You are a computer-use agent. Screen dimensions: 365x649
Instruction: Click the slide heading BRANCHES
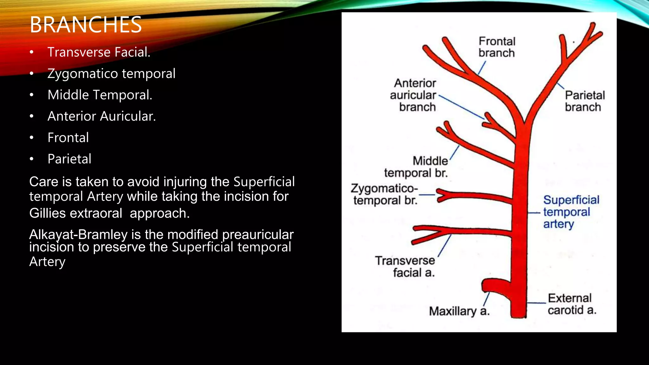[x=86, y=25]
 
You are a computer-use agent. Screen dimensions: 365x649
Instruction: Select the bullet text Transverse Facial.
[x=99, y=52]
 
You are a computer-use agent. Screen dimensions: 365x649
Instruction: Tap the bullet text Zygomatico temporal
[x=111, y=74]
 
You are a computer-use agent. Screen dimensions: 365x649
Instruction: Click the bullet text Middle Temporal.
[x=100, y=95]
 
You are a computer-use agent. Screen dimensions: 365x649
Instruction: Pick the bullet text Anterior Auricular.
[x=101, y=116]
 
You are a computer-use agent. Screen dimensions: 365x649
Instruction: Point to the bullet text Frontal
[x=68, y=138]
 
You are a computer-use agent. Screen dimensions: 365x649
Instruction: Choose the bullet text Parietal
[x=69, y=159]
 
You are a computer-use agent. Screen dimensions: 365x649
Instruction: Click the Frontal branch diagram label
[x=497, y=47]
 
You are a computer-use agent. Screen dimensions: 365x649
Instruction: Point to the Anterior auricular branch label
[x=414, y=95]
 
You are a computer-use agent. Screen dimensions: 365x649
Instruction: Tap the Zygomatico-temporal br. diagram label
[x=385, y=194]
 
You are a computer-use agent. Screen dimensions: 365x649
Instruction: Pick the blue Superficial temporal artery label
[x=570, y=212]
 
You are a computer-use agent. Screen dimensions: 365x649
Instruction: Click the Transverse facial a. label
[x=405, y=266]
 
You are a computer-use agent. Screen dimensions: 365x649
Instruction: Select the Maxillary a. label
[x=459, y=311]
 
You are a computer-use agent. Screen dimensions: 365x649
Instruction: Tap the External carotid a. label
[x=571, y=304]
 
